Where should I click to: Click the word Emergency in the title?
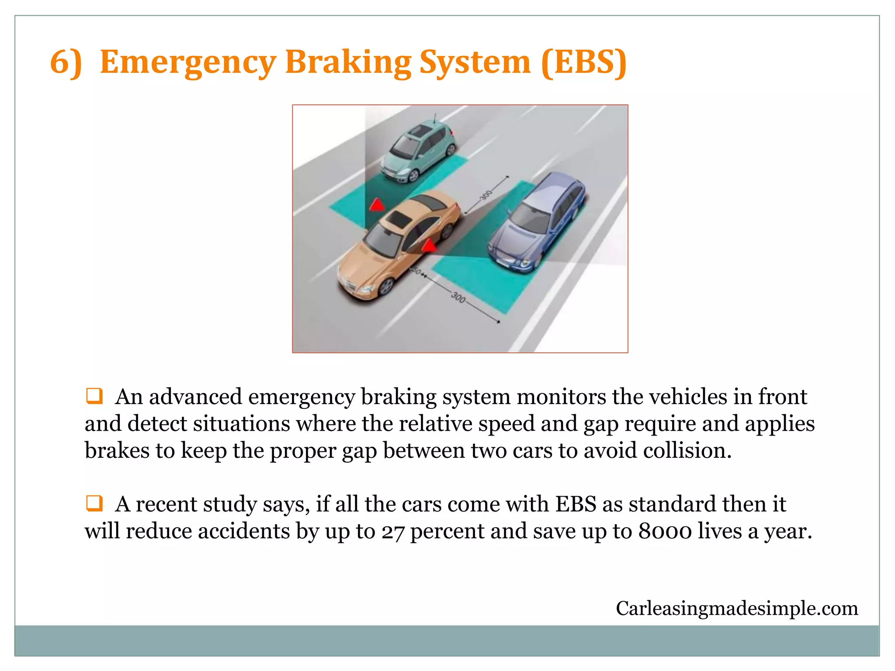(x=188, y=62)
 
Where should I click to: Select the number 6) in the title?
(x=66, y=62)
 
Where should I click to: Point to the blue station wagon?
(x=538, y=223)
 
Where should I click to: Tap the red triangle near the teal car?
(x=377, y=204)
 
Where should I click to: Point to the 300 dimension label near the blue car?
(x=486, y=195)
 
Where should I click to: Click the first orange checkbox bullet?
(x=94, y=396)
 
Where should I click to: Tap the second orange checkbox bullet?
(x=94, y=503)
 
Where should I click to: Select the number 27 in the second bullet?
(x=392, y=532)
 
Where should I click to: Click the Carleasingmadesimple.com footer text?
(x=737, y=608)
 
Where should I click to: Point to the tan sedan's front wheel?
(x=386, y=287)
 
